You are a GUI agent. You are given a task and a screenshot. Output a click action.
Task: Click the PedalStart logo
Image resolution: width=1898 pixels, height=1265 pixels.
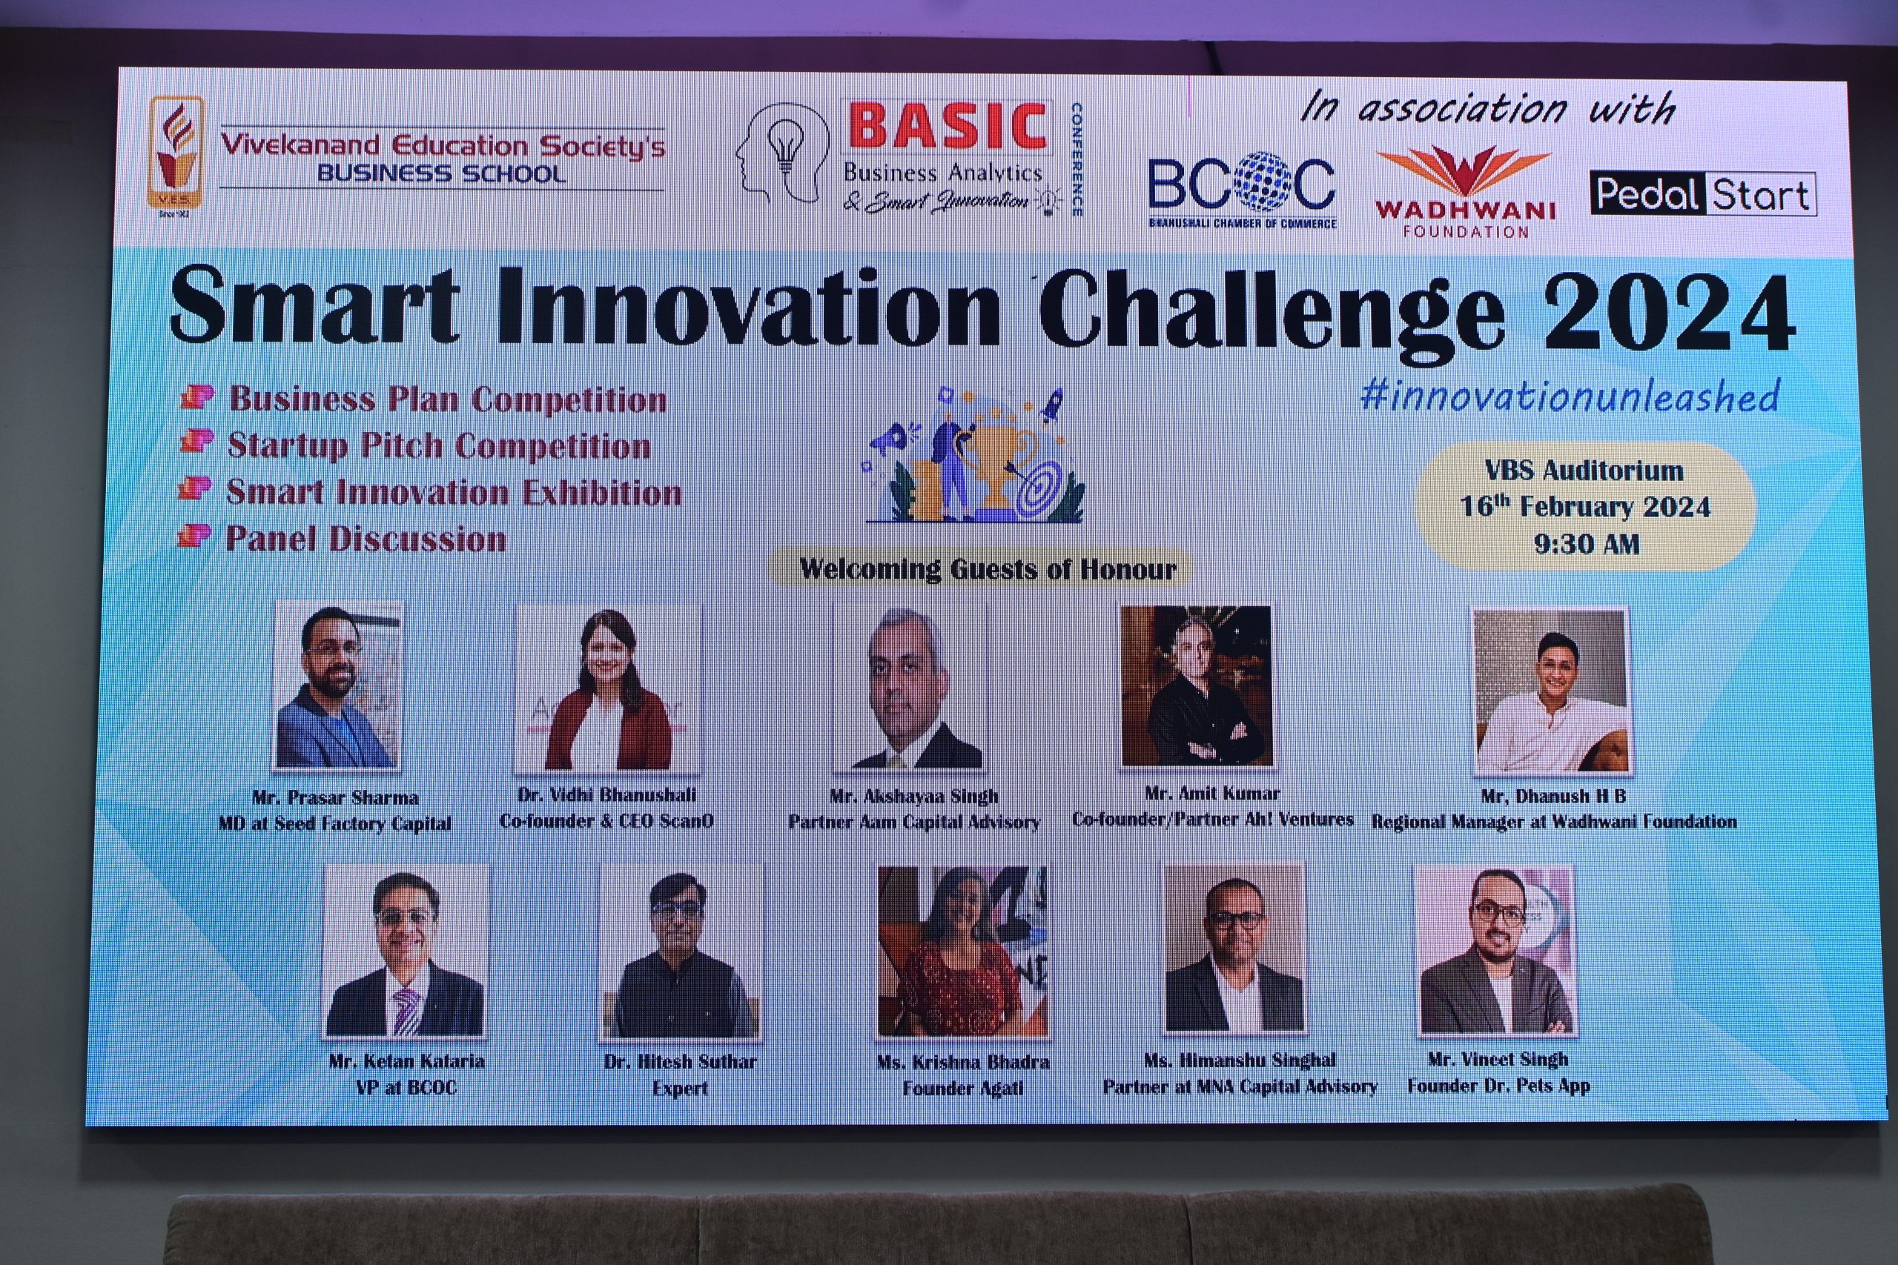pyautogui.click(x=1703, y=193)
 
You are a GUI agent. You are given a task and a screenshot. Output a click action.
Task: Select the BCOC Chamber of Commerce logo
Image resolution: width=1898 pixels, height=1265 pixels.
pyautogui.click(x=1243, y=190)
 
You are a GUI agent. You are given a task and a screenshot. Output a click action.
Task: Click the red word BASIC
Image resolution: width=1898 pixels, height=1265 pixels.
pyautogui.click(x=948, y=127)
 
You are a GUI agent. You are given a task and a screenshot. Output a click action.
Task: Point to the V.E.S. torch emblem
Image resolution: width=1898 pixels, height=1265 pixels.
pyautogui.click(x=175, y=153)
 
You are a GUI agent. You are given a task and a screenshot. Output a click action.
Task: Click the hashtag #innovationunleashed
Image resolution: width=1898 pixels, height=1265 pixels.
pyautogui.click(x=1570, y=395)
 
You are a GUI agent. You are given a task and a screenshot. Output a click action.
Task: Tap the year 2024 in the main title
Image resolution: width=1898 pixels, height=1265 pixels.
pyautogui.click(x=1670, y=311)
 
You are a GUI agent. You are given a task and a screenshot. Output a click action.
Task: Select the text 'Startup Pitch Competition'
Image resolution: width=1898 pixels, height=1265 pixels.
pyautogui.click(x=439, y=446)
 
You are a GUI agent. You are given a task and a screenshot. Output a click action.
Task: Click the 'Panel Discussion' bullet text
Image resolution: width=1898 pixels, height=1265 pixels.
pyautogui.click(x=366, y=539)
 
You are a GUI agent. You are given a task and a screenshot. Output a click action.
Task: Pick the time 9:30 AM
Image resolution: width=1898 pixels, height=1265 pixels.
pyautogui.click(x=1587, y=544)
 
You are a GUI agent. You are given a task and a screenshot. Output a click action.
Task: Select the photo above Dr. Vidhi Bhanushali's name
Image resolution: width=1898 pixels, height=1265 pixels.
pyautogui.click(x=609, y=688)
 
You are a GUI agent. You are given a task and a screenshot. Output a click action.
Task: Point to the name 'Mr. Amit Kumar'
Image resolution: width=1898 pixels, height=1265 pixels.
pyautogui.click(x=1212, y=793)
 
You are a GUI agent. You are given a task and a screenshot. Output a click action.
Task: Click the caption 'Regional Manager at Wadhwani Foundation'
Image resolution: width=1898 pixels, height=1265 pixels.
pyautogui.click(x=1554, y=822)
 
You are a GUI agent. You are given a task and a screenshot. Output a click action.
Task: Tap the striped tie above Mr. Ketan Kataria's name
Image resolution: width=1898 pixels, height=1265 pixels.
pyautogui.click(x=406, y=1009)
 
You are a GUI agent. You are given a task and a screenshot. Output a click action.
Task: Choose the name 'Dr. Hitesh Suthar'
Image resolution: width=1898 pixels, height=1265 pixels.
pyautogui.click(x=681, y=1062)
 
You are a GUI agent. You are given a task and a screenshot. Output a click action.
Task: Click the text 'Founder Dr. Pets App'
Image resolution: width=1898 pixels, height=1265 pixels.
pyautogui.click(x=1498, y=1086)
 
